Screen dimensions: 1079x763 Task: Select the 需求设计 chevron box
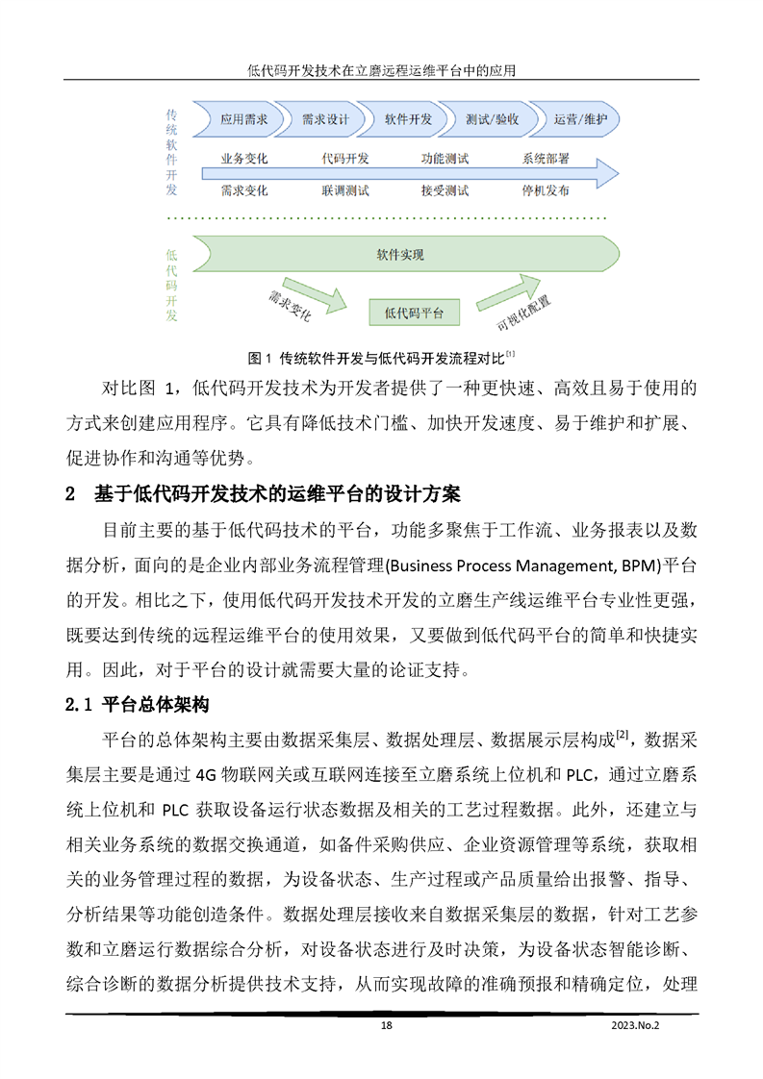pos(325,120)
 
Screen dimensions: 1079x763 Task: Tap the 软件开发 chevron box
pos(408,120)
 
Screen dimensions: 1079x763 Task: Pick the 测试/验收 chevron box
pos(492,120)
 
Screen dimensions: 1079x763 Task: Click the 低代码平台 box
pos(414,312)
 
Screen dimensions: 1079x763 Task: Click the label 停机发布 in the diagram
pos(546,190)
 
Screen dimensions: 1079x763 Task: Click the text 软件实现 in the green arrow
pos(400,256)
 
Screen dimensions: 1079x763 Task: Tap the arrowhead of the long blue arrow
pos(604,174)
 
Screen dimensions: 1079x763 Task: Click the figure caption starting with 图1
pos(383,359)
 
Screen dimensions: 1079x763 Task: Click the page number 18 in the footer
pos(386,1026)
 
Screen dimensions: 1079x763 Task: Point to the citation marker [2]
pos(623,735)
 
